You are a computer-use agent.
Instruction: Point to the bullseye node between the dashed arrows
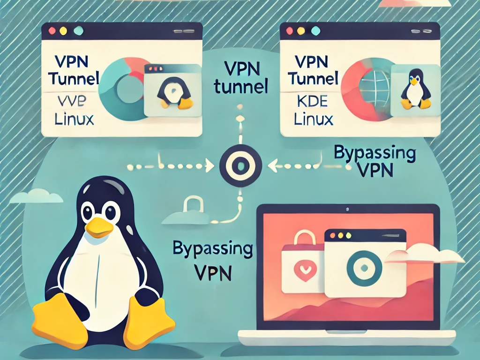click(x=240, y=165)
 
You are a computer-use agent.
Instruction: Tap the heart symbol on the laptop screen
click(x=300, y=270)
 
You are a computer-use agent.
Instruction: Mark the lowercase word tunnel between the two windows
click(x=240, y=87)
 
